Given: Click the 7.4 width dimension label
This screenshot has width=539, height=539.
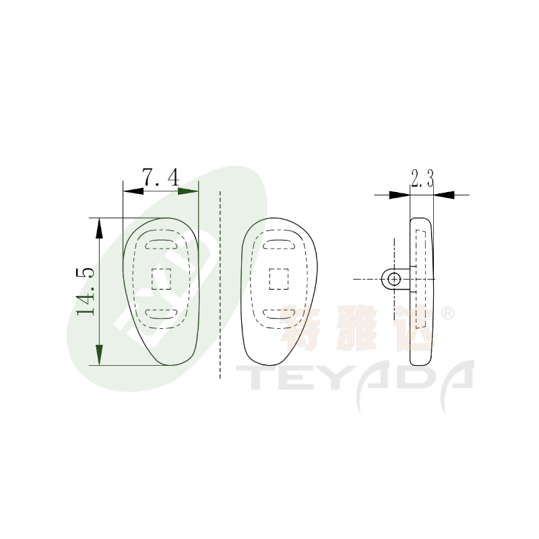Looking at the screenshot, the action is click(160, 177).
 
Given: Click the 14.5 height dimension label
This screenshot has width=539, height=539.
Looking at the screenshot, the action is click(86, 292).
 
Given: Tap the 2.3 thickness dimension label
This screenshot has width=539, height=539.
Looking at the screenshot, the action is click(422, 178).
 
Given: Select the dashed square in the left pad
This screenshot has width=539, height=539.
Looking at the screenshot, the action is click(161, 279).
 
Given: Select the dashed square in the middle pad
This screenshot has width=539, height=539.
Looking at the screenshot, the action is click(279, 279).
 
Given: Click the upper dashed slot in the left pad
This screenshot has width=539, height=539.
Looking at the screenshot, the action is click(161, 244).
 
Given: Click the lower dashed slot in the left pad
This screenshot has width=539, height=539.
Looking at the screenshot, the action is click(161, 313).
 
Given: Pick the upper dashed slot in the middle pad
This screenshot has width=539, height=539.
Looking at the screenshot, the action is click(279, 244).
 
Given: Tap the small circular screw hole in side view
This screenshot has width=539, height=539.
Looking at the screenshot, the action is click(394, 279).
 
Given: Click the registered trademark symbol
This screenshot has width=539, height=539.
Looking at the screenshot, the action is click(447, 313).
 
